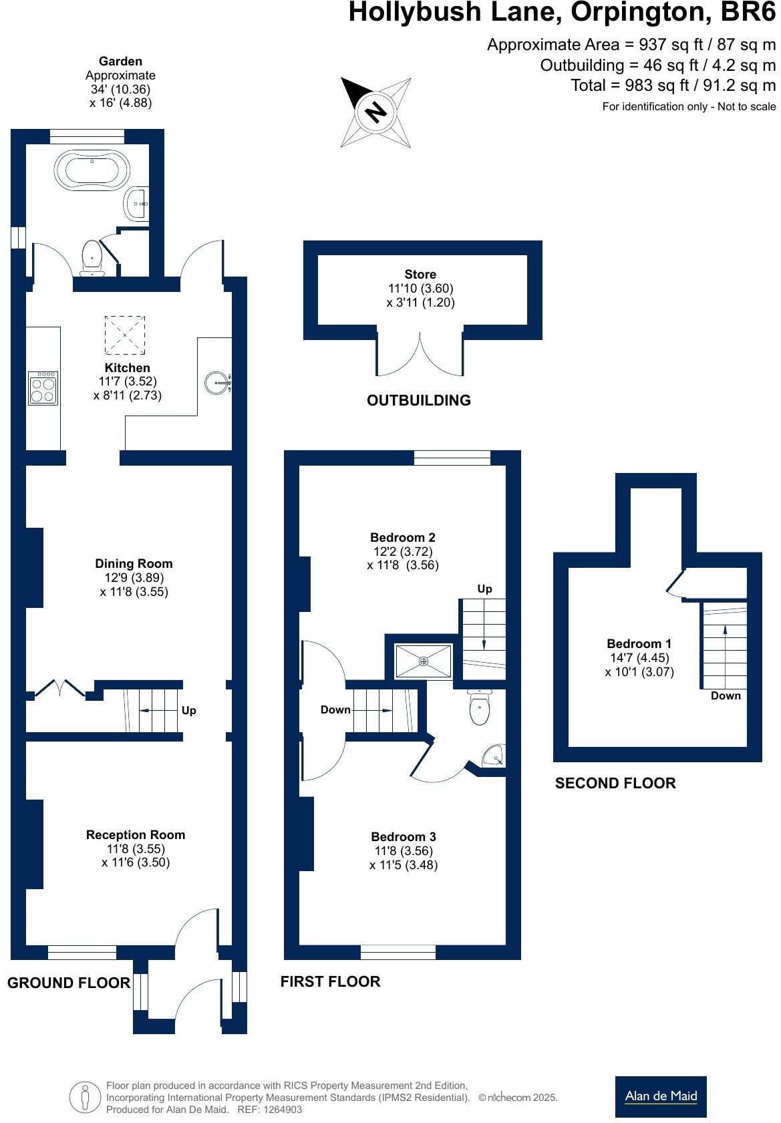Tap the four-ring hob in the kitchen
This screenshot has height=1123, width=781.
click(43, 388)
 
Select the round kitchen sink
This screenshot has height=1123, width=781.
click(216, 383)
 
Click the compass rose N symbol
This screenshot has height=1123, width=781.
click(376, 111)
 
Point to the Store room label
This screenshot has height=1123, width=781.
click(420, 275)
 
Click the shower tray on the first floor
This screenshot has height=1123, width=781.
click(423, 661)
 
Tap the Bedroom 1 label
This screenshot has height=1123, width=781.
click(639, 644)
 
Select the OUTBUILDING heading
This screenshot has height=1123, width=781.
click(419, 401)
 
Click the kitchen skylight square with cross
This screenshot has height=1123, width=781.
click(125, 335)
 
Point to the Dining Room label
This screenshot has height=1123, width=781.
click(134, 564)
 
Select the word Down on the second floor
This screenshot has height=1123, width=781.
click(726, 696)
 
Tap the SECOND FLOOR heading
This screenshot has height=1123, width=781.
click(615, 784)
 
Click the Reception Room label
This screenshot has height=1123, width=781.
click(136, 835)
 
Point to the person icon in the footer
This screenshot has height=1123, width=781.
click(85, 1096)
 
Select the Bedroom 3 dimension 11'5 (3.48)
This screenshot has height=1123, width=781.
click(404, 865)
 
